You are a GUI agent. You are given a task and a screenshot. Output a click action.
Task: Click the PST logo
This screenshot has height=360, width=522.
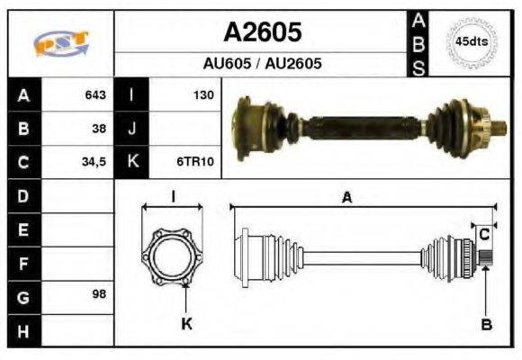coord(61,43)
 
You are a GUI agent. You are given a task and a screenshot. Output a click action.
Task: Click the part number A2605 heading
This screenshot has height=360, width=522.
coord(262,32)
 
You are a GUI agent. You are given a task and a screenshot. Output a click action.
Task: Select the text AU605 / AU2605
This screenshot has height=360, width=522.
coord(262,63)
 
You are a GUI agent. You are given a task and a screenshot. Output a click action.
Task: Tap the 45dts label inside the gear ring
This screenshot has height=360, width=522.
coord(472,42)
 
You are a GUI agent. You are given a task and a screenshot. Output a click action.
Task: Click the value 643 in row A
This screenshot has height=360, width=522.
coord(95,94)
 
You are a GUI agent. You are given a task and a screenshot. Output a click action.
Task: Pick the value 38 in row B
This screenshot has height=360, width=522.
coord(99,129)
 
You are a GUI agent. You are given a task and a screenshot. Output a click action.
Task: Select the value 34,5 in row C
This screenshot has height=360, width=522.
coord(94,162)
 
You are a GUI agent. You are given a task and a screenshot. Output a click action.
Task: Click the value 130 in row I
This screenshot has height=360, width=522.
coord(203,95)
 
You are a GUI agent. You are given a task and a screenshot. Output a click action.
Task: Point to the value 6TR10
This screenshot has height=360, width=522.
coord(195,161)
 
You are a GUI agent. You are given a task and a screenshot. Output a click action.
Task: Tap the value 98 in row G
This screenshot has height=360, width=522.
coord(99,294)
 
